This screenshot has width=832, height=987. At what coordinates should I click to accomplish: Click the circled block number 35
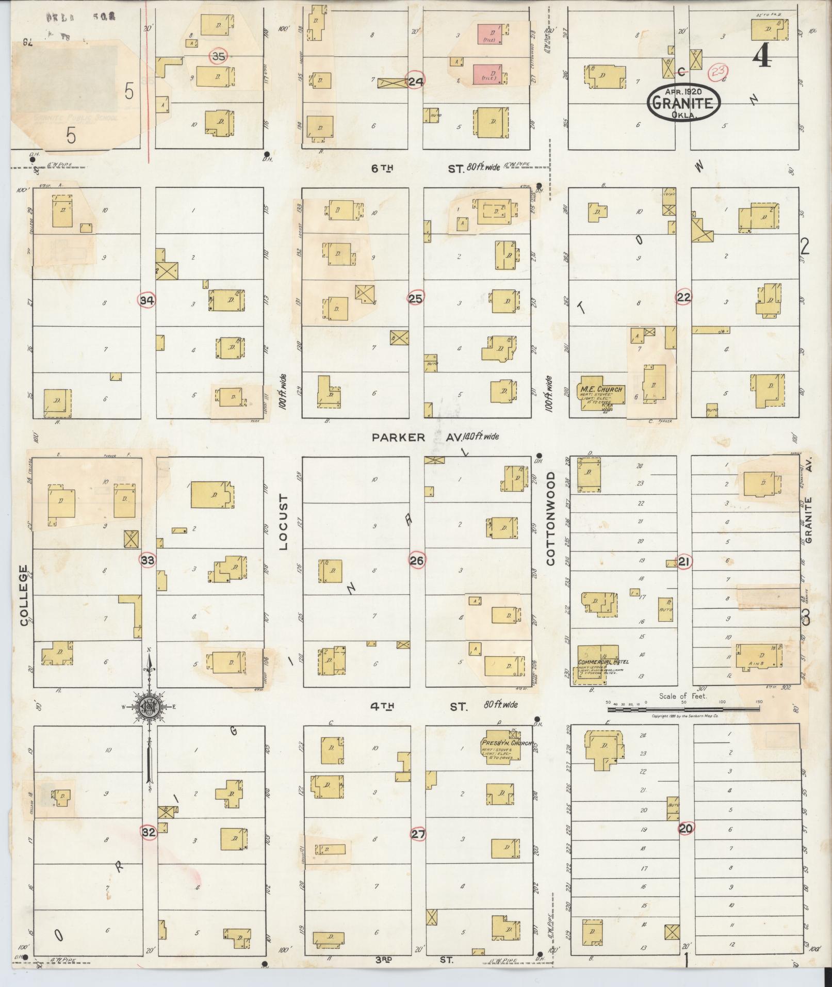click(x=219, y=56)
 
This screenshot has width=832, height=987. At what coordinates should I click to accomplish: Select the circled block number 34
click(x=147, y=300)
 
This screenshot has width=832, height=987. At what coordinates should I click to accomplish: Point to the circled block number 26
click(x=417, y=560)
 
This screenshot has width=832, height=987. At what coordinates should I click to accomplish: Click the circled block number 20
click(x=686, y=829)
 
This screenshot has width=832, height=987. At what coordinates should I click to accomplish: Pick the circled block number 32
click(x=149, y=832)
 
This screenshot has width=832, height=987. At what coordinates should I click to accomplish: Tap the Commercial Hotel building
click(x=597, y=664)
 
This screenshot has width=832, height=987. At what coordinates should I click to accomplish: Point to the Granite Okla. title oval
click(x=684, y=102)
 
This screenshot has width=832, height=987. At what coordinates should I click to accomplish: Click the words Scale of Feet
click(x=682, y=696)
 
